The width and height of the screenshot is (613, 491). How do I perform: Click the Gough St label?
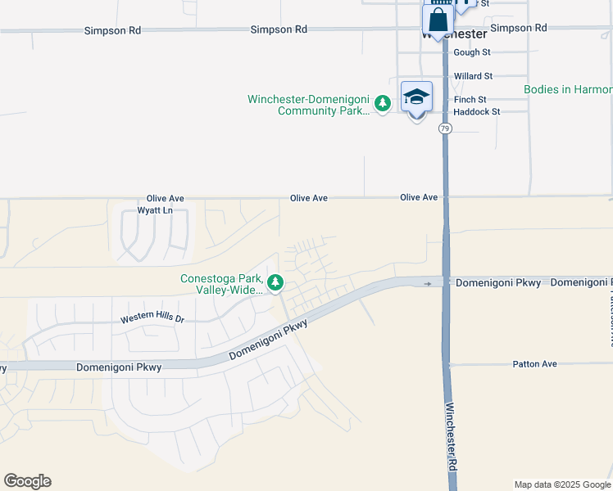click(471, 52)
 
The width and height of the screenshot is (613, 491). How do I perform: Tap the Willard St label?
click(473, 76)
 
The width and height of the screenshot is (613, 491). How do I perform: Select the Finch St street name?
click(470, 100)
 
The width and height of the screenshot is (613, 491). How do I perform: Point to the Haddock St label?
click(476, 111)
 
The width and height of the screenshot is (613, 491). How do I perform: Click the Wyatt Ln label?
click(155, 210)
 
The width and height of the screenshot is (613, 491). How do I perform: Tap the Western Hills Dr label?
click(152, 318)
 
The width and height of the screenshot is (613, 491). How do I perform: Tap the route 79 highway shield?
click(444, 128)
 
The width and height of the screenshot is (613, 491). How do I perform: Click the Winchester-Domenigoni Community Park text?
click(309, 105)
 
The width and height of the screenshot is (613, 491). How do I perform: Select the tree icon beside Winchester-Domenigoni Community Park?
click(382, 104)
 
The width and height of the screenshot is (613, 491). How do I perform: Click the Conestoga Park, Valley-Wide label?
click(223, 283)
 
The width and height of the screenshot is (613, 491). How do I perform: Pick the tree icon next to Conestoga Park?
click(276, 283)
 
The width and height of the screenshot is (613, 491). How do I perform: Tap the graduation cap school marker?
click(416, 97)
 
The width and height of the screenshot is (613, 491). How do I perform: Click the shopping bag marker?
click(438, 20)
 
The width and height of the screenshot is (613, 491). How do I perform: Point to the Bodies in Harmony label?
click(568, 89)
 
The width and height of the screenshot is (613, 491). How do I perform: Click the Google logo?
click(27, 481)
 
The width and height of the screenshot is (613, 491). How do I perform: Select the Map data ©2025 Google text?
click(562, 484)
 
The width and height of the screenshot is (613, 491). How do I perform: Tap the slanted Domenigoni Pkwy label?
click(268, 340)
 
